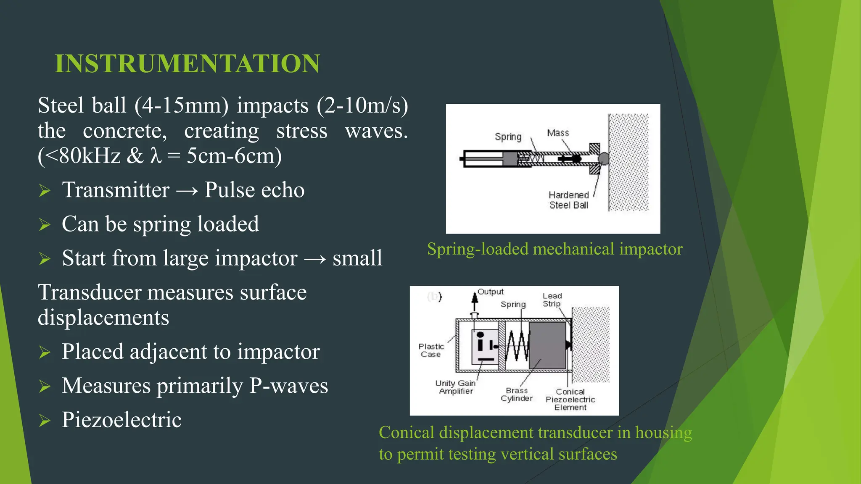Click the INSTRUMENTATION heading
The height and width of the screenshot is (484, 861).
[x=187, y=63]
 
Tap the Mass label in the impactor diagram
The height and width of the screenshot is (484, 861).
[x=558, y=133]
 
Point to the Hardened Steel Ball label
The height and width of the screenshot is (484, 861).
[x=568, y=200]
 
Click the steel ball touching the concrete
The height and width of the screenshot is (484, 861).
[x=603, y=158]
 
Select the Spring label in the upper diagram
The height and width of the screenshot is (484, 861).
[x=508, y=137]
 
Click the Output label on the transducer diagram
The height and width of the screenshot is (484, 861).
[x=490, y=292]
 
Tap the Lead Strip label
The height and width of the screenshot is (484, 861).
[x=552, y=300]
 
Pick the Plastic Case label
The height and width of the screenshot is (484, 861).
[x=431, y=350]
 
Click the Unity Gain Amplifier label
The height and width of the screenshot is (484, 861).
[x=455, y=387]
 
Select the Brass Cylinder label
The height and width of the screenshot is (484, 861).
[x=516, y=394]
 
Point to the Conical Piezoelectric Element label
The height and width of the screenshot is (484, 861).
[x=570, y=399]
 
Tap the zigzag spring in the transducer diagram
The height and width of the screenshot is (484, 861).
[x=516, y=345]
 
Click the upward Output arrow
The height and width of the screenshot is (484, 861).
[x=475, y=301]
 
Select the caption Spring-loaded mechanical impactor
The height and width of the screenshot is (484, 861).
[x=555, y=249]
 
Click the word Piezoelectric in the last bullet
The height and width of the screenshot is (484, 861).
[x=121, y=419]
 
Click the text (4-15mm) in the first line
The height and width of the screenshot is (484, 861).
[x=181, y=105]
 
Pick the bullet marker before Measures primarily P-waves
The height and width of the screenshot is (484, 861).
[x=45, y=386]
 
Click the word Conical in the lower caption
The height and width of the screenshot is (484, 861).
[x=406, y=432]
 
